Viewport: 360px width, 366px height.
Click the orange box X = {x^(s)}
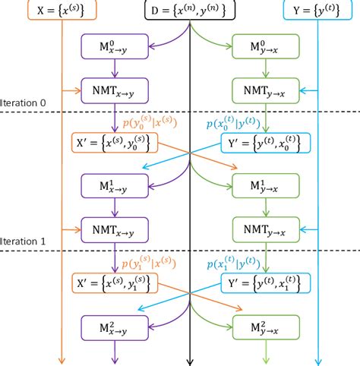60,11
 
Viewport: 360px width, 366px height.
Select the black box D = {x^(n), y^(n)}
189,11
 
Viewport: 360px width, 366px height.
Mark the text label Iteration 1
24,240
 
